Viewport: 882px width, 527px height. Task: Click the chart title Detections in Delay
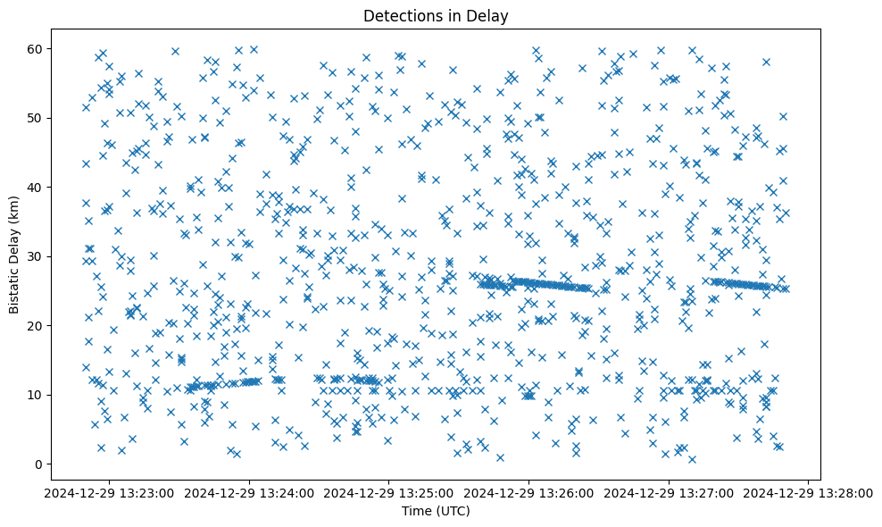point(440,15)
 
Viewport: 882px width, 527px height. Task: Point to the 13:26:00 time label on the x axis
point(528,492)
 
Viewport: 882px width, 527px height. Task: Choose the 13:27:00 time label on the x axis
point(669,492)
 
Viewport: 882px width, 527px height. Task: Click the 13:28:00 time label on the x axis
point(809,492)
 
